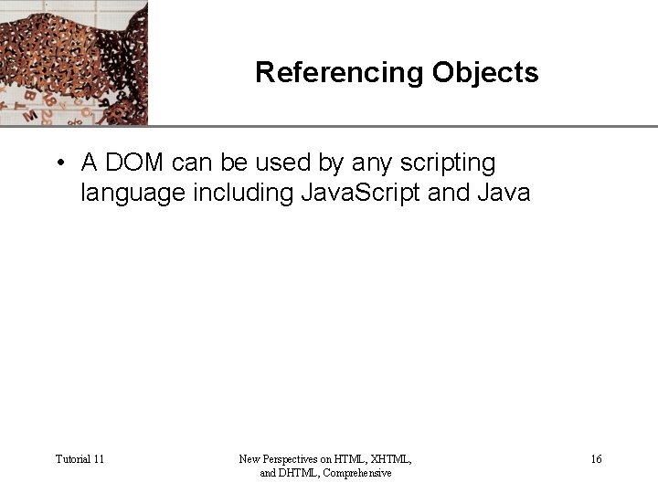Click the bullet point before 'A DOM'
point(58,163)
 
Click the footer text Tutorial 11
point(80,458)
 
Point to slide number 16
point(596,458)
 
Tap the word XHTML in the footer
point(391,458)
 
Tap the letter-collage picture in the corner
point(73,62)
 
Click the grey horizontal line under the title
point(402,126)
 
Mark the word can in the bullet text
point(191,163)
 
